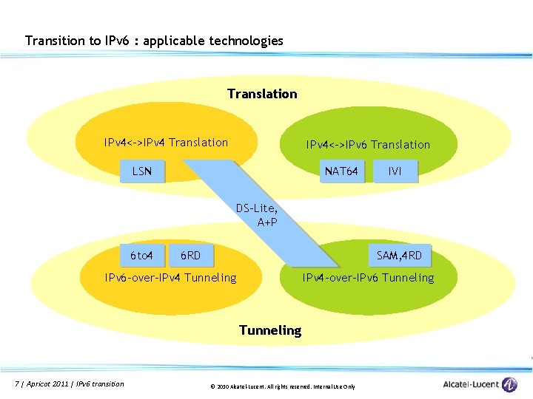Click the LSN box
click(x=142, y=171)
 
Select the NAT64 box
click(x=342, y=171)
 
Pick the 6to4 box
click(x=141, y=256)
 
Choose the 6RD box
click(x=190, y=256)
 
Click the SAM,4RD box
click(x=400, y=256)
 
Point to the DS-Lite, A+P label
click(x=257, y=215)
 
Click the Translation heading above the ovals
click(x=262, y=94)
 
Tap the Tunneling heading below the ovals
click(x=270, y=330)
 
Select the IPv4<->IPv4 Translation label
click(x=166, y=143)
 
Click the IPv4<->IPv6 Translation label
click(x=368, y=145)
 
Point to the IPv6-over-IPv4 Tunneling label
click(x=171, y=278)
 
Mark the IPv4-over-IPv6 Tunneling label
click(x=368, y=278)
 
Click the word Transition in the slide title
click(x=55, y=41)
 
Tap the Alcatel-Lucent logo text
click(x=471, y=384)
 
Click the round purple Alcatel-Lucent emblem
click(x=509, y=384)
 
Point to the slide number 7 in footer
click(x=17, y=383)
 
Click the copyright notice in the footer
click(x=283, y=386)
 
